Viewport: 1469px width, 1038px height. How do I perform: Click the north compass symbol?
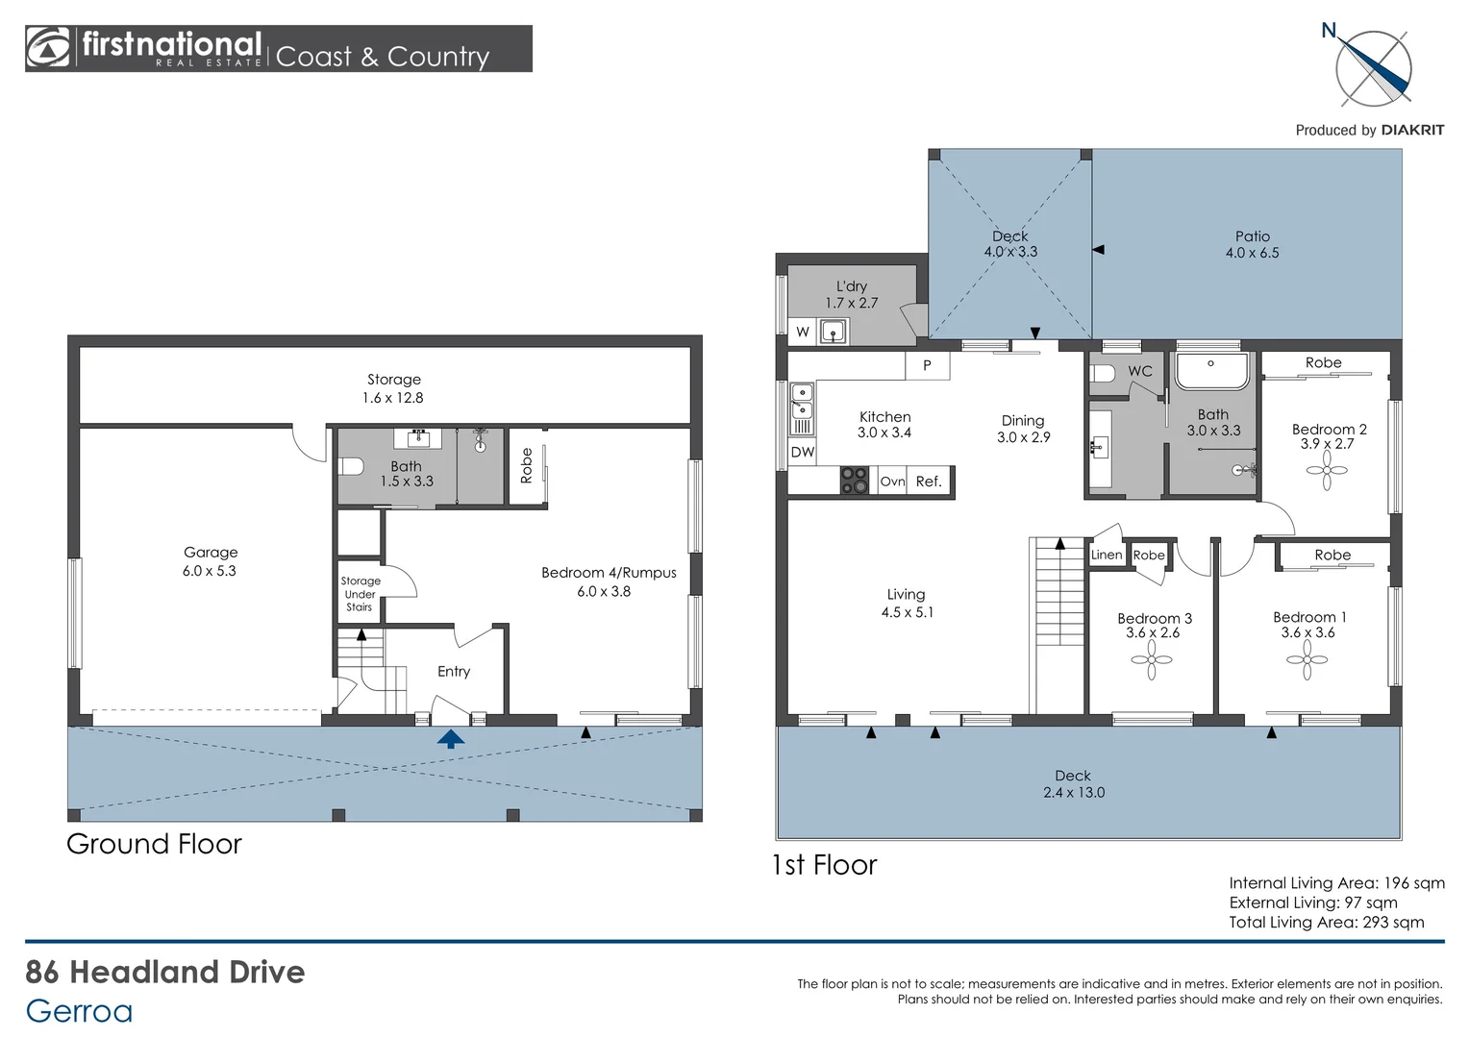(1373, 68)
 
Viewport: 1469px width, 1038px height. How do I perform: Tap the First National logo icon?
(48, 48)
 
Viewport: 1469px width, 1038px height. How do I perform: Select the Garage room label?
(211, 553)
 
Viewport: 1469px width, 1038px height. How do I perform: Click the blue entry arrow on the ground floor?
(451, 738)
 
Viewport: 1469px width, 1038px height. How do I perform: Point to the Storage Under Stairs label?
(360, 594)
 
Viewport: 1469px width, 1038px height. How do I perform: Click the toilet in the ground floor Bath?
(351, 467)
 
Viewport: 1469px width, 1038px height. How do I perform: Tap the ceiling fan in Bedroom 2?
(1327, 471)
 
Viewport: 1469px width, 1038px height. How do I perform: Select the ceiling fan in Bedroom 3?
(1152, 659)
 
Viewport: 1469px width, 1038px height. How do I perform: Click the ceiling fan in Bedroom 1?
(1307, 659)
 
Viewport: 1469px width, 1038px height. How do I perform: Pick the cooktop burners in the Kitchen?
(854, 481)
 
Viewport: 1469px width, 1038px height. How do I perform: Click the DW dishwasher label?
(802, 452)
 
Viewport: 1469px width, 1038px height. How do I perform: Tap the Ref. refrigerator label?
(929, 482)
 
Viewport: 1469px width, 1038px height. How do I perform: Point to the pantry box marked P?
(927, 365)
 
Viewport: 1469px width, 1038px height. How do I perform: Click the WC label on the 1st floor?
(1139, 371)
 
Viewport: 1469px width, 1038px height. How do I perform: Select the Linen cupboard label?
(1106, 555)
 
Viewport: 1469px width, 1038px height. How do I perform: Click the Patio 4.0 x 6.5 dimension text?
(1252, 253)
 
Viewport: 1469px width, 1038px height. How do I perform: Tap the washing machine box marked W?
(803, 332)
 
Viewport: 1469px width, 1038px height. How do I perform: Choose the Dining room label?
(1023, 421)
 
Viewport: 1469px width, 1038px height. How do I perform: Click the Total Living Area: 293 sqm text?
(1326, 923)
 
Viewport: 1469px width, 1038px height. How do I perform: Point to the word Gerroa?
(79, 1011)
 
